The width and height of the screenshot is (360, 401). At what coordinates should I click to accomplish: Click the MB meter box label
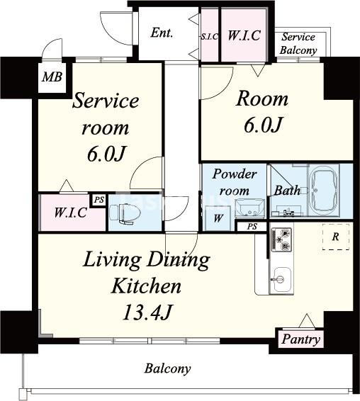click(x=52, y=77)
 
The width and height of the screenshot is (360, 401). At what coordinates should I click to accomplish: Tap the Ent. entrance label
click(x=162, y=33)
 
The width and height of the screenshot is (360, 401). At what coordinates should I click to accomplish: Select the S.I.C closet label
click(x=210, y=37)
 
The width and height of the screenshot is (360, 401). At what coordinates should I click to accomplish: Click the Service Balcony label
click(x=298, y=43)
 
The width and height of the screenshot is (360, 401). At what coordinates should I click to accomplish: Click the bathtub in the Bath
click(x=324, y=191)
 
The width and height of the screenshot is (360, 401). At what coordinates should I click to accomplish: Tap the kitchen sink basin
click(x=281, y=280)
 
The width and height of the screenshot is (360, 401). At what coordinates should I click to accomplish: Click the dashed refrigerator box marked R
click(x=336, y=237)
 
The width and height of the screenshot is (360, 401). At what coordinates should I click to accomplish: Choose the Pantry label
click(x=300, y=339)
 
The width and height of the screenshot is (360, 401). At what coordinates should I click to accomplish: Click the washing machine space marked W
click(x=218, y=218)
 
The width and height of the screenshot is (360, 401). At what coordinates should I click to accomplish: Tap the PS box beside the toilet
click(x=99, y=200)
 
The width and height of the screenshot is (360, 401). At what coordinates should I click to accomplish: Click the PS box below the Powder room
click(x=252, y=227)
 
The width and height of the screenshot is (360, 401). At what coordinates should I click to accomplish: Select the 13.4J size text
click(x=147, y=312)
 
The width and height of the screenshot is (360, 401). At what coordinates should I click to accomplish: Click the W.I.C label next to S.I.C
click(x=244, y=35)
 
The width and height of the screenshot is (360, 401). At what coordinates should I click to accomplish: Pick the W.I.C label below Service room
click(x=71, y=213)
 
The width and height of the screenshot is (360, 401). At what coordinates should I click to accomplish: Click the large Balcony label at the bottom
click(x=167, y=368)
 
